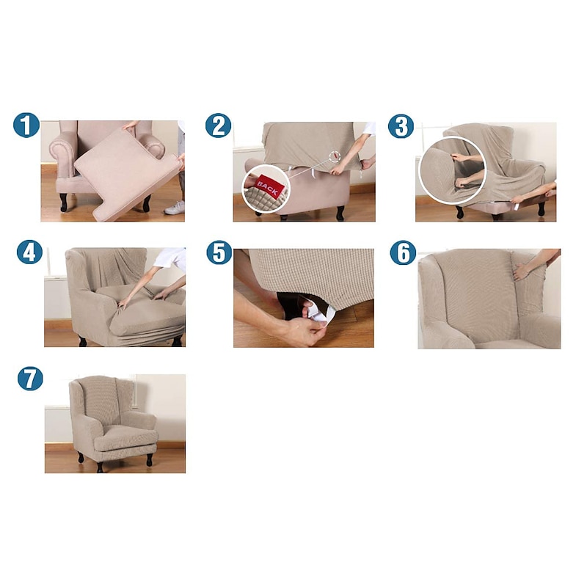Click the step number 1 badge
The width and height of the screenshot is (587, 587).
click(x=26, y=125)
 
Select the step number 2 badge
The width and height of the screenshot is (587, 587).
click(x=218, y=125)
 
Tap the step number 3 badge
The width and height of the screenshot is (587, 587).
click(x=401, y=126)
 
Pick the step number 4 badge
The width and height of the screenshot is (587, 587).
click(x=29, y=252)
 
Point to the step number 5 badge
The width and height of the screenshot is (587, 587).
click(x=219, y=252)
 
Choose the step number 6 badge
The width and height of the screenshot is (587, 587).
click(x=403, y=252)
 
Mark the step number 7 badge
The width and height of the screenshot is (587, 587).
click(x=30, y=379)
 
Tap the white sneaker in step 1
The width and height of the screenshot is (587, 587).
click(x=174, y=208)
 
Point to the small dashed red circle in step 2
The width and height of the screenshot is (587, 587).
click(x=335, y=156)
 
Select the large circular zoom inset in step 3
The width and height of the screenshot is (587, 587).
click(x=452, y=170)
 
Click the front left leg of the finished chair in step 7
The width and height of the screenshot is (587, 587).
click(x=81, y=457)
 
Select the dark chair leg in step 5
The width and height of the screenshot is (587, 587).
click(x=288, y=305)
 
